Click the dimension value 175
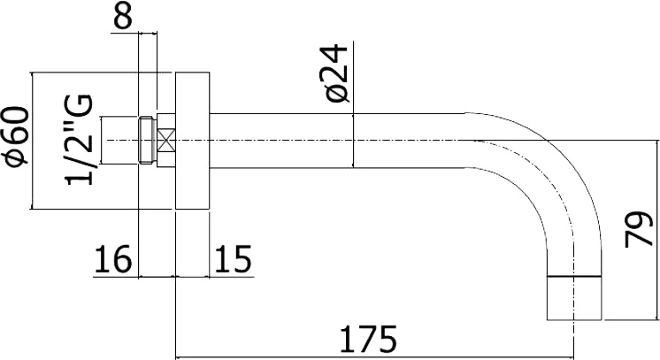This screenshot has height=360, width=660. [x=368, y=339]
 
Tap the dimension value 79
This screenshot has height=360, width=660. [x=639, y=228]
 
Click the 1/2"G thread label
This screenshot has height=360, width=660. [x=78, y=141]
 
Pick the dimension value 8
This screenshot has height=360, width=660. [x=122, y=16]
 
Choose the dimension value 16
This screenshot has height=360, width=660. [x=112, y=259]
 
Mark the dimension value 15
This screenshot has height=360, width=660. [x=234, y=259]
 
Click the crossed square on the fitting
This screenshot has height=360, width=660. [x=166, y=141]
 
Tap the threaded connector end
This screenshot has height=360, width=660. [x=148, y=141]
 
